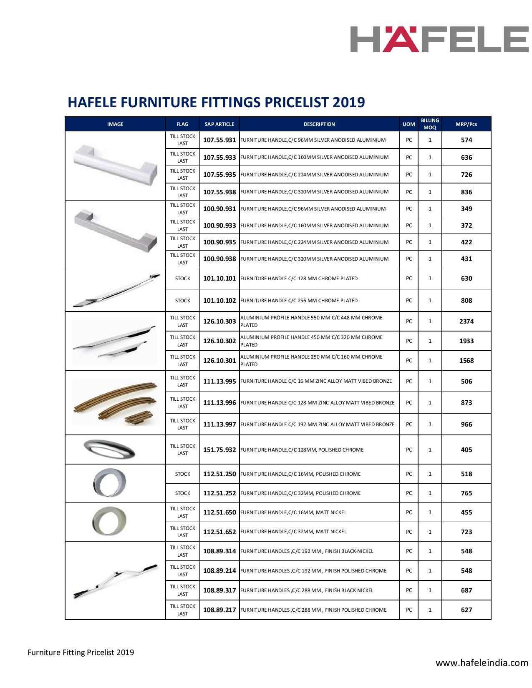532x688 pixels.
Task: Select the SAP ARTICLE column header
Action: (x=219, y=124)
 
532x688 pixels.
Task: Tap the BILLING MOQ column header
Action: (x=430, y=124)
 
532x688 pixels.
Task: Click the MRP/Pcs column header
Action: (x=466, y=124)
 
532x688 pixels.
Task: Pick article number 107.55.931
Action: (x=219, y=140)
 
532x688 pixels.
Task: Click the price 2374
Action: (x=466, y=321)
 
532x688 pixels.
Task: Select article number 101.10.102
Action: (x=219, y=301)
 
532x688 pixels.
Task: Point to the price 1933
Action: (x=466, y=341)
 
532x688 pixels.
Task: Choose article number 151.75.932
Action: (x=219, y=450)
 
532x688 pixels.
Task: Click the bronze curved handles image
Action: (x=116, y=403)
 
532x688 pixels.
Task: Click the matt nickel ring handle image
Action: (x=109, y=521)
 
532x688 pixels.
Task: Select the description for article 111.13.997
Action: (x=318, y=424)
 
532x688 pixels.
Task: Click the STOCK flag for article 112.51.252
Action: (x=183, y=493)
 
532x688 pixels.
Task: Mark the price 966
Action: (x=466, y=424)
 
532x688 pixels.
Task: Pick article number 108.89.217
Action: (x=219, y=610)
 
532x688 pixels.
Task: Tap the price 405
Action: (x=466, y=450)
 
